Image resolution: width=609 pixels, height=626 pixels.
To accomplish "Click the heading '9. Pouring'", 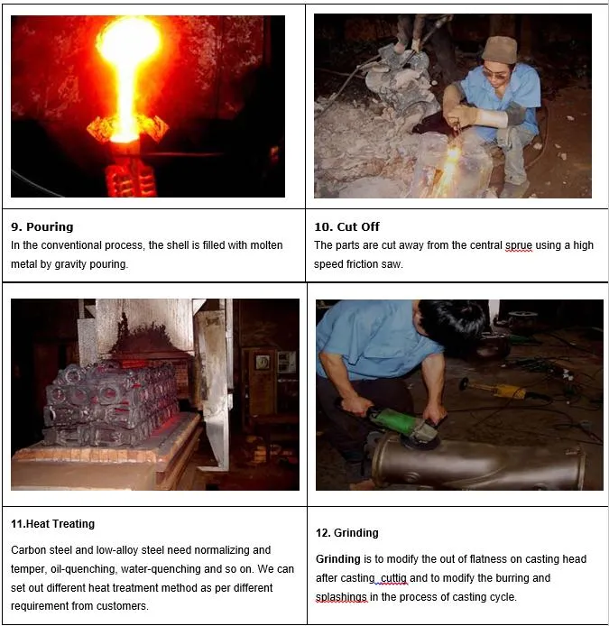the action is [x=42, y=226].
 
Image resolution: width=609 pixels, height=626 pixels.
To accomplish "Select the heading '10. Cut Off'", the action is [x=346, y=226].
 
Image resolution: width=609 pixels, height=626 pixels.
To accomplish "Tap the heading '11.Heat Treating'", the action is [x=52, y=524].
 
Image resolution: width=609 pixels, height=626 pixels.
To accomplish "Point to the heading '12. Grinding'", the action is [x=347, y=532].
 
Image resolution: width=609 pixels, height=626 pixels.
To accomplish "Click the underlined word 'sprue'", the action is [x=519, y=245].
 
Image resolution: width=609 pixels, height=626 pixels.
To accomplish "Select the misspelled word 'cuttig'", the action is [x=393, y=578].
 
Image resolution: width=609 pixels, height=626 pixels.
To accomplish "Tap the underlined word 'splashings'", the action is [x=341, y=597].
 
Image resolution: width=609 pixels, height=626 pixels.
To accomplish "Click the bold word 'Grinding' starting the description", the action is [x=337, y=559].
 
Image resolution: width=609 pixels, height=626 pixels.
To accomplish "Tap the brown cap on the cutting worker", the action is [x=499, y=49].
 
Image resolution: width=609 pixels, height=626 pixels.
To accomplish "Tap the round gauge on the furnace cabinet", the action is [x=263, y=362].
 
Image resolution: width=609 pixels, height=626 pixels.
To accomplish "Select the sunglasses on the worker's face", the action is [x=495, y=73].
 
